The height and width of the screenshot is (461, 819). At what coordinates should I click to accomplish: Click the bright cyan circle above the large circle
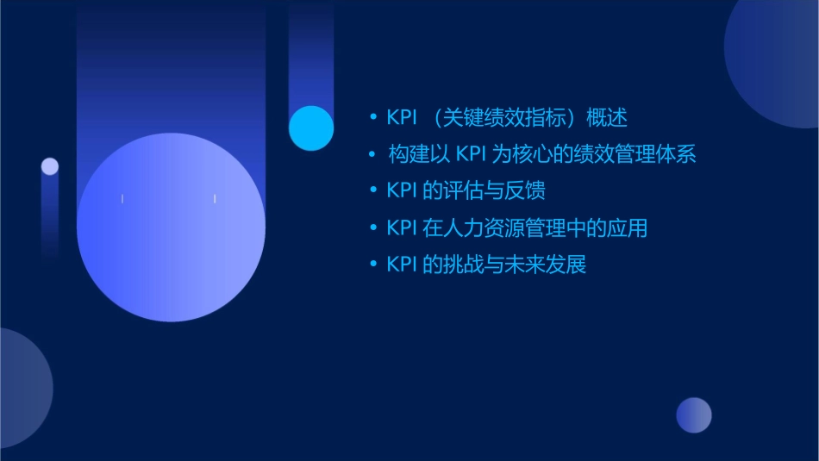point(311,128)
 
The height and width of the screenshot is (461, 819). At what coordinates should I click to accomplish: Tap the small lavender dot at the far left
point(50,166)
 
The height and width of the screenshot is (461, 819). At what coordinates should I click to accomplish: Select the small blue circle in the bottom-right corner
point(694,415)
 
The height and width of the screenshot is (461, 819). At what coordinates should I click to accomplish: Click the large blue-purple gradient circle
point(171,227)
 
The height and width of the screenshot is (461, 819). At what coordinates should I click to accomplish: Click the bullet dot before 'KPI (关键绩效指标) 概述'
point(373,117)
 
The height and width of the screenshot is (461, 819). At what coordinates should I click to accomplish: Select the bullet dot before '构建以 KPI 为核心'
point(373,154)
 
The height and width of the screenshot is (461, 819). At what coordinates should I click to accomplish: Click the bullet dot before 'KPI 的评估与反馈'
point(373,190)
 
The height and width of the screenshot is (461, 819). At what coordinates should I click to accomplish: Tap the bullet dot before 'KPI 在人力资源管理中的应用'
point(373,227)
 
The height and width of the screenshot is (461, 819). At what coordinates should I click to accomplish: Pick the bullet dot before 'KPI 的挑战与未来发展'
point(373,265)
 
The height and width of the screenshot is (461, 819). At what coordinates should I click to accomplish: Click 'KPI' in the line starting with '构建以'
point(472,154)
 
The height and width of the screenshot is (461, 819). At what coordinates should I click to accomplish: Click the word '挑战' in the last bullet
point(463,265)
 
